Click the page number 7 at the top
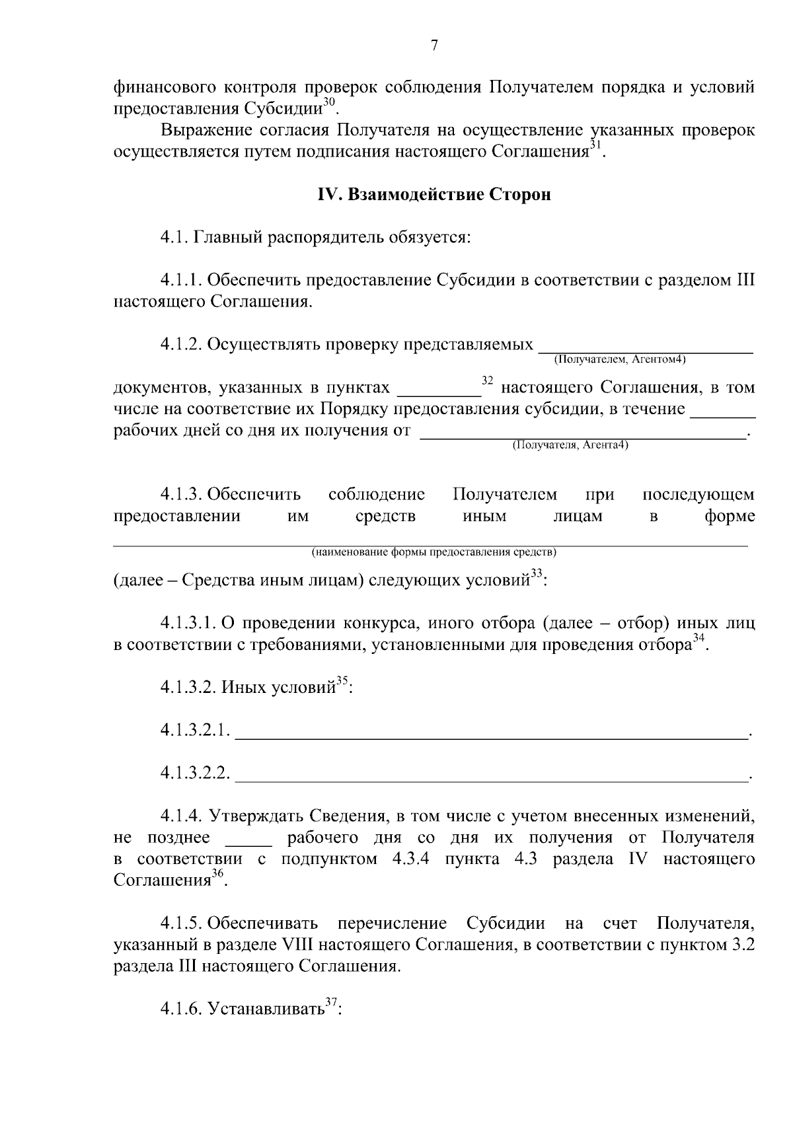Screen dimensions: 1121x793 pyautogui.click(x=434, y=46)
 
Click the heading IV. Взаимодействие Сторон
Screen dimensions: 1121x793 pyautogui.click(x=434, y=195)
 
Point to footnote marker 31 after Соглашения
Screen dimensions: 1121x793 pyautogui.click(x=595, y=145)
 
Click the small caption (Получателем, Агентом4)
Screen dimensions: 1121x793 pyautogui.click(x=620, y=360)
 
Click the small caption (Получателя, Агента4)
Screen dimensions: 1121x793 pyautogui.click(x=570, y=445)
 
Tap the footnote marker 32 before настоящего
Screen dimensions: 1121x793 pyautogui.click(x=488, y=380)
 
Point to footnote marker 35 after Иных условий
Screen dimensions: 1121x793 pyautogui.click(x=342, y=682)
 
